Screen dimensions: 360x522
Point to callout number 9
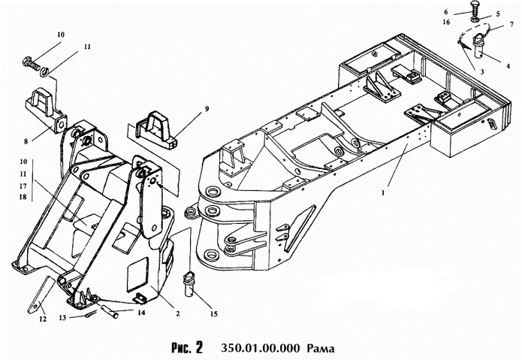(207, 109)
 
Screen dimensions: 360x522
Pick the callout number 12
(41, 319)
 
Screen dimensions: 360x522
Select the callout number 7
(511, 24)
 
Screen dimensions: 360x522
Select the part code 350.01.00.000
(260, 348)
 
